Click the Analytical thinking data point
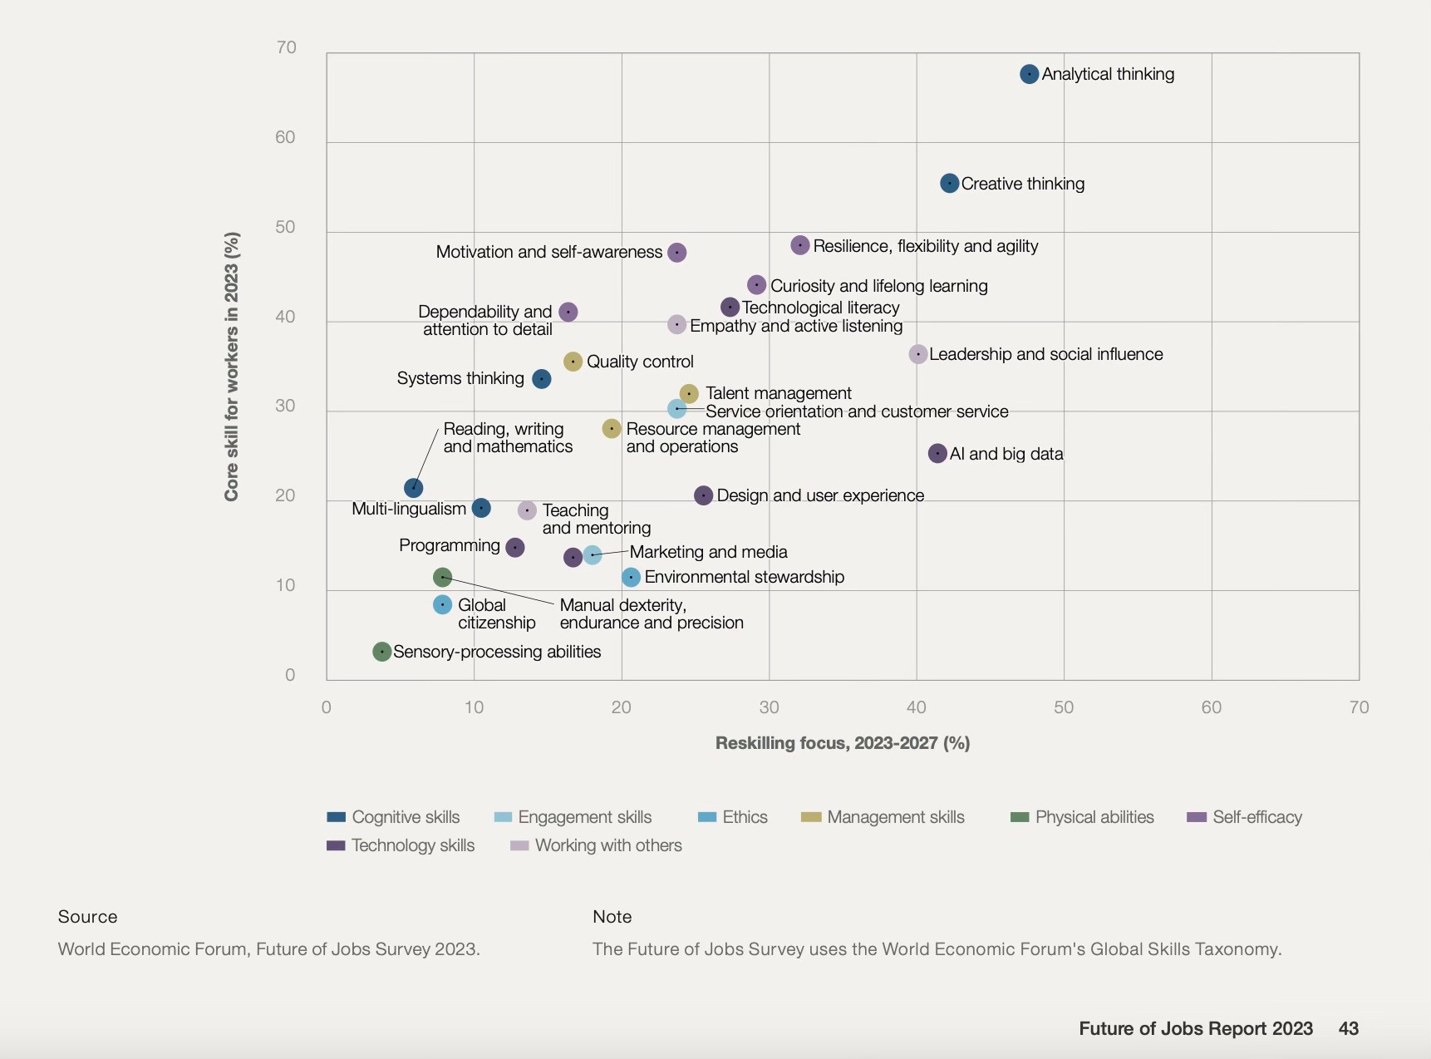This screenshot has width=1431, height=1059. coord(1029,74)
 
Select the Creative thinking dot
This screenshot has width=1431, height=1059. coord(949,183)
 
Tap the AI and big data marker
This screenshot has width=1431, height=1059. coord(937,453)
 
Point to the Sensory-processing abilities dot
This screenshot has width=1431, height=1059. coord(381,652)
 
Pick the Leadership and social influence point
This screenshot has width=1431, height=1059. coord(917,354)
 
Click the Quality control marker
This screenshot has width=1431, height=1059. coord(573,362)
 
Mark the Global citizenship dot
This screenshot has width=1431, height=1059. coord(442,604)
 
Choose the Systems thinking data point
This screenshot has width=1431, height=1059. coord(541,379)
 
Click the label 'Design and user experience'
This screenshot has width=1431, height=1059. coord(820,495)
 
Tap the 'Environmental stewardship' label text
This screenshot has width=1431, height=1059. coord(744,577)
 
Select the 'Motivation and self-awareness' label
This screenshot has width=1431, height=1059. coord(548,252)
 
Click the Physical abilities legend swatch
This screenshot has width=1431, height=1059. coord(1020,817)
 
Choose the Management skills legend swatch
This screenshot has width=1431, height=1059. coord(811,817)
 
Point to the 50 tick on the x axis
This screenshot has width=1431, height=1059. coord(1064,707)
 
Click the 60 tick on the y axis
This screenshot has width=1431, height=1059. coord(285,137)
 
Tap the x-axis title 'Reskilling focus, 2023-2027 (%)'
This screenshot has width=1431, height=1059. coord(842,743)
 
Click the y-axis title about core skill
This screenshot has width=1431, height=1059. coord(231,366)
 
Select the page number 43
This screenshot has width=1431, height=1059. coord(1348,1028)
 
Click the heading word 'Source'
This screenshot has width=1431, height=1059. coord(87,917)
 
